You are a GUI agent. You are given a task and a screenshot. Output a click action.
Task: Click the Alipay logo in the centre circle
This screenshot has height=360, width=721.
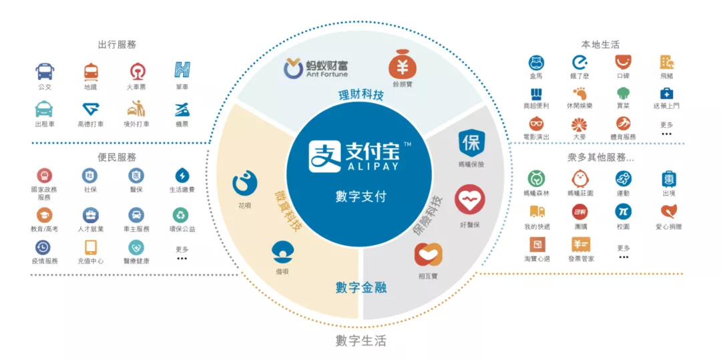(x=360, y=156)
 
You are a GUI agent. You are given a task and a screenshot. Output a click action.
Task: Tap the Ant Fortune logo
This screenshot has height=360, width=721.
(x=316, y=69)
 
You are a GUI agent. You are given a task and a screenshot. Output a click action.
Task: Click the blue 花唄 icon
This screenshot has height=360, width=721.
(x=244, y=183)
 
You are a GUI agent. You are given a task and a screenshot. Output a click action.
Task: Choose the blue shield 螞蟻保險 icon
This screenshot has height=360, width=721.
(x=471, y=144)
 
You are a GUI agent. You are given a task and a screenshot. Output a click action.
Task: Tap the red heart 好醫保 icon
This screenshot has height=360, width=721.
(x=469, y=199)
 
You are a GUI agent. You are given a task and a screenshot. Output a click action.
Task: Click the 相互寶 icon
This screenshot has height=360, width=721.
(x=428, y=255)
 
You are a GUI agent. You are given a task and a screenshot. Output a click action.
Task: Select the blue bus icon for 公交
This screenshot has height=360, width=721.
(x=45, y=71)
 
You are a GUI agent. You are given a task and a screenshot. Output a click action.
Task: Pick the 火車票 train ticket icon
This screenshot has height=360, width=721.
(x=136, y=71)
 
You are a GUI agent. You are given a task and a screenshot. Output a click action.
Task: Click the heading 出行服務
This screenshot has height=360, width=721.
(x=117, y=45)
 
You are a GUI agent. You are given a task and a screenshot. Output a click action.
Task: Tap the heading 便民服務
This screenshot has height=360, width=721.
(x=117, y=158)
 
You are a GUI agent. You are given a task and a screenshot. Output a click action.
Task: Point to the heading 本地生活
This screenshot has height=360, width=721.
(x=600, y=45)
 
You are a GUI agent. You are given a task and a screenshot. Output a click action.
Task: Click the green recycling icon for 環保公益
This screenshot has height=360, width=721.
(x=182, y=214)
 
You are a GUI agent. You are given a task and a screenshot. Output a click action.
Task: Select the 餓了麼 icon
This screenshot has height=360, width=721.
(x=579, y=62)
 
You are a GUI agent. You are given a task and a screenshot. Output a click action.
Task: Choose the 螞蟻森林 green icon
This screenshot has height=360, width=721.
(x=535, y=178)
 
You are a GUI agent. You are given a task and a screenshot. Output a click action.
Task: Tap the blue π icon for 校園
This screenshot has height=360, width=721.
(x=624, y=211)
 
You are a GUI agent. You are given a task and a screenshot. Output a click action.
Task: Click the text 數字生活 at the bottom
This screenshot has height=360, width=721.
(x=360, y=341)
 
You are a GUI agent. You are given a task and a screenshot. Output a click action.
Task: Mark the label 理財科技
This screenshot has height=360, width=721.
(x=360, y=95)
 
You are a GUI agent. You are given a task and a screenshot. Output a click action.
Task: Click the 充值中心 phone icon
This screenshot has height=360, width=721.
(x=91, y=247)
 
